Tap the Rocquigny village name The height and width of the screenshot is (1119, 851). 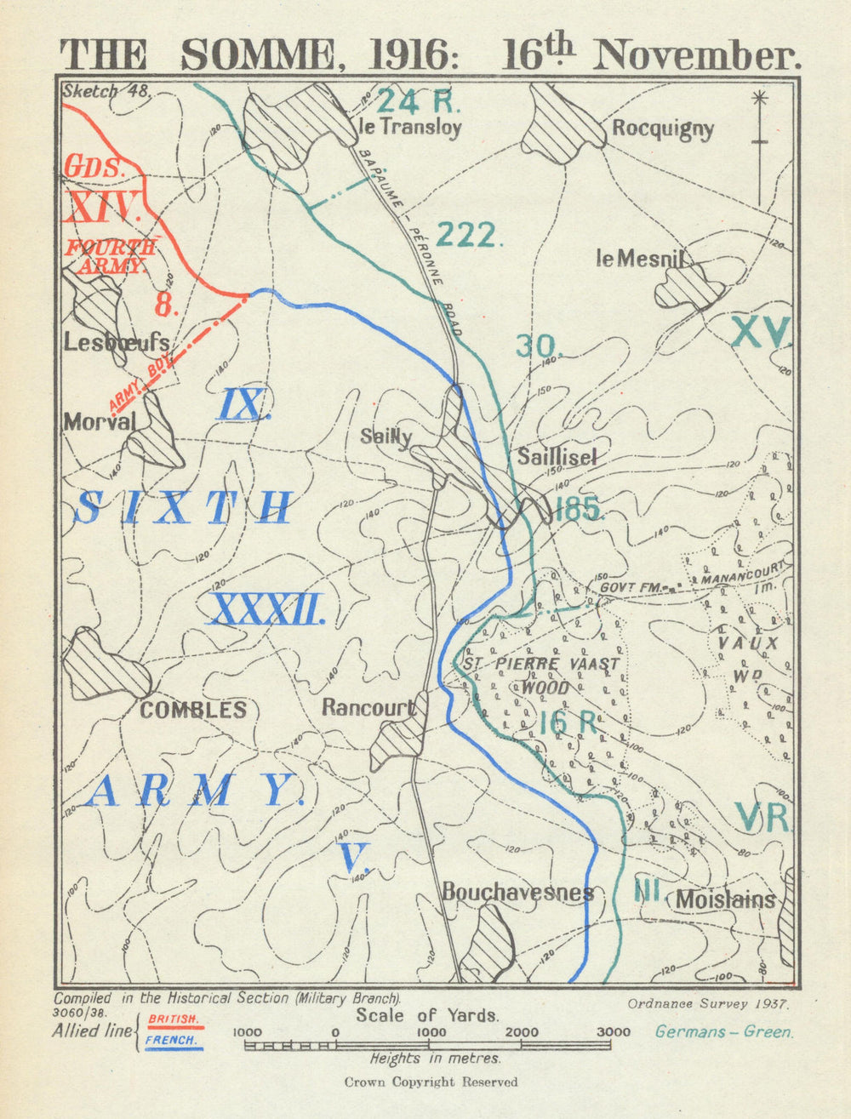(662, 129)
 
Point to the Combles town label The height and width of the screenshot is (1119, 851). (193, 710)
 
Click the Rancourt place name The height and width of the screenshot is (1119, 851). (368, 707)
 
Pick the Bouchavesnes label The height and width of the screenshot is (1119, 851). (517, 892)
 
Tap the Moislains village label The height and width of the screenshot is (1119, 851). (725, 899)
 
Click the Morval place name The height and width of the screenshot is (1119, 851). (100, 421)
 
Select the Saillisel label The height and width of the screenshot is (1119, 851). (557, 456)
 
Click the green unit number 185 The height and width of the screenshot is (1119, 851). (579, 510)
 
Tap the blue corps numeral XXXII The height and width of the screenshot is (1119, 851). (266, 610)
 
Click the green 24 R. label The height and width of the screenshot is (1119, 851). (418, 101)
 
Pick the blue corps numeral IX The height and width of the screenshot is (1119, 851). (244, 404)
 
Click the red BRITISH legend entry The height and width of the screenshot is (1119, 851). (174, 1019)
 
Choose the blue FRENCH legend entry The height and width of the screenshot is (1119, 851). (172, 1040)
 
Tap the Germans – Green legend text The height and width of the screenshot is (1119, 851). (723, 1032)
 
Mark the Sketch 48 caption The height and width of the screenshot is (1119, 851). (105, 92)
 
